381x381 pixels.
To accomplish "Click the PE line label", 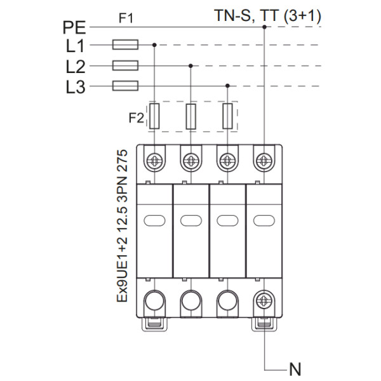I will coord(76,27).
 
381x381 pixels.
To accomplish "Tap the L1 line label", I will coord(76,46).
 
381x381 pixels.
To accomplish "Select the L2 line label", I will coord(76,66).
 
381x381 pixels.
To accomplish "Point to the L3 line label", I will coord(76,86).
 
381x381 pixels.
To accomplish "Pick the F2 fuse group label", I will coord(136,117).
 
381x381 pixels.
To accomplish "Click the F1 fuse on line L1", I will coord(125,45).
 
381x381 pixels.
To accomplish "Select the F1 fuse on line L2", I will coord(125,65).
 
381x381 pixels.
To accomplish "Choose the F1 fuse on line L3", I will coord(125,86).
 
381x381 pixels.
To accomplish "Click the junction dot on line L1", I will coord(155,45).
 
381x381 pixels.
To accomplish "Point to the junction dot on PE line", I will coord(264,27).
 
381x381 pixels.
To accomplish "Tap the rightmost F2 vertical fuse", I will coord(228,117).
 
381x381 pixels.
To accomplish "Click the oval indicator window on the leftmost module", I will coord(154,220).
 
